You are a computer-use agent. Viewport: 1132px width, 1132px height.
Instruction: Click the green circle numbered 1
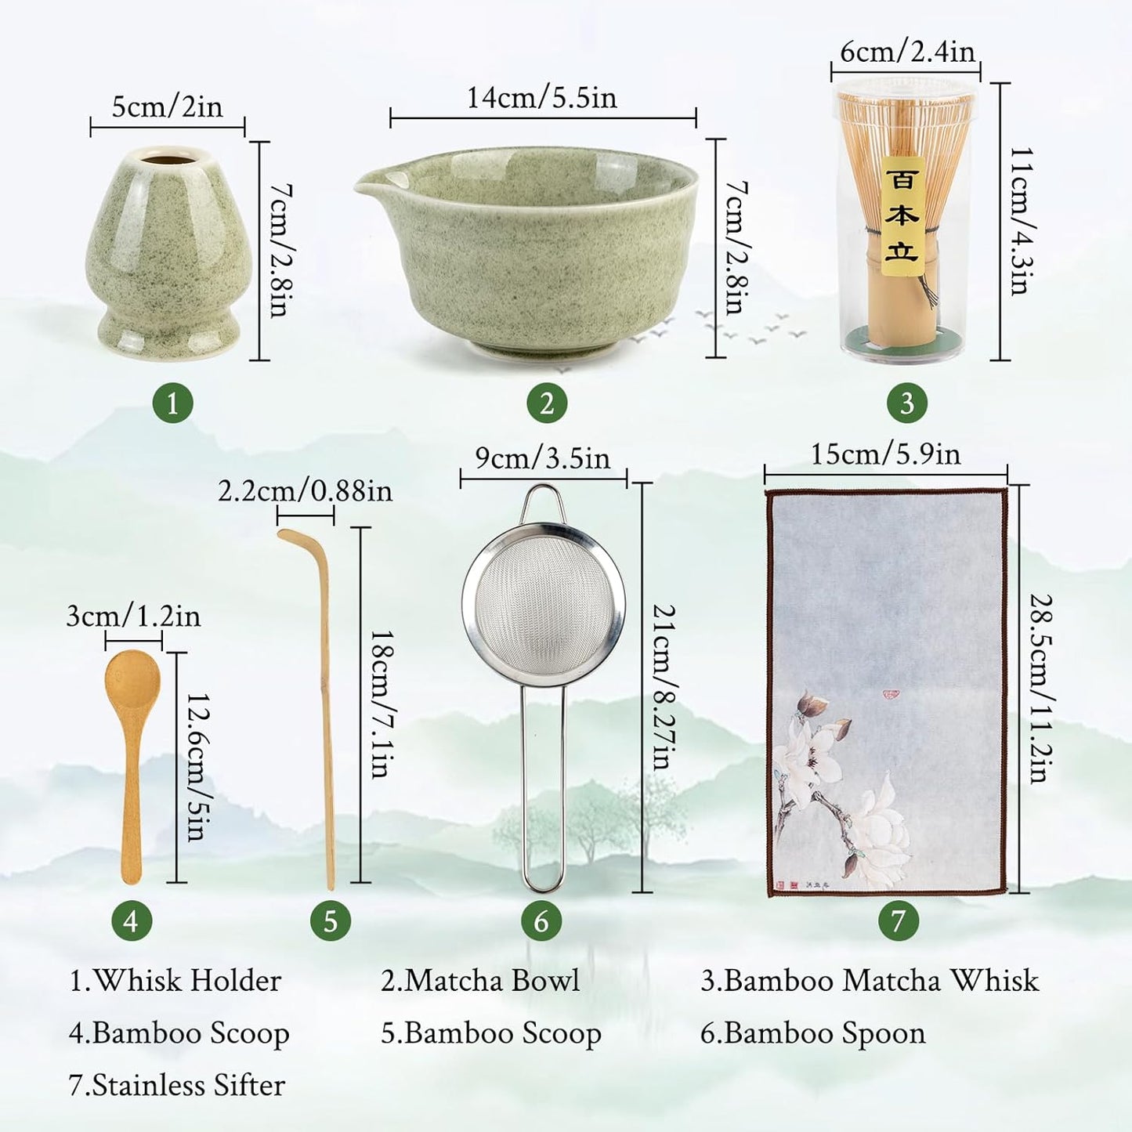coord(172,403)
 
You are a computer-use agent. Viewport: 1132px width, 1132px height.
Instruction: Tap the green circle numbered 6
coord(541,920)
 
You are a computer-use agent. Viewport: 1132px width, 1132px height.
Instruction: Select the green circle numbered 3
coord(906,403)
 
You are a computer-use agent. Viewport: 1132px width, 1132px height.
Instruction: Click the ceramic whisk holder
coord(168,251)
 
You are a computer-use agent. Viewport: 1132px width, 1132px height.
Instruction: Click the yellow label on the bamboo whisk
coord(902,215)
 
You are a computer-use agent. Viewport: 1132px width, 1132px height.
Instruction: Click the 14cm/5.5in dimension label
coord(542,98)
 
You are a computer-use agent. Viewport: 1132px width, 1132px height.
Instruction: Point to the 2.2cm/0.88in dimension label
coord(305,491)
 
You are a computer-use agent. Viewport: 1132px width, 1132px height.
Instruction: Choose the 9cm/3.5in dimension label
coord(542,458)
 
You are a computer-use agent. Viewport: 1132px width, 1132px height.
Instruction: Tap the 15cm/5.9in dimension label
coord(885,454)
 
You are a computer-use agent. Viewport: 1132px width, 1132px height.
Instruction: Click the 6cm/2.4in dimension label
coord(907,52)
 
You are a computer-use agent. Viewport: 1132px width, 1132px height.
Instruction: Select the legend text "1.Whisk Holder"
coord(175,981)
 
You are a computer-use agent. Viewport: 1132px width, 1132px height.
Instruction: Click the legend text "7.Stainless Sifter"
coord(177,1085)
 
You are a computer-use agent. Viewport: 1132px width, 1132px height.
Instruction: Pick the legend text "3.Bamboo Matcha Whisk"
coord(870,981)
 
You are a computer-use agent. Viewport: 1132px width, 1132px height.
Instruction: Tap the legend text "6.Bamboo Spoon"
coord(812,1033)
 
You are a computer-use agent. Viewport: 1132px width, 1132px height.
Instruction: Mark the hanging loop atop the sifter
coord(541,501)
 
